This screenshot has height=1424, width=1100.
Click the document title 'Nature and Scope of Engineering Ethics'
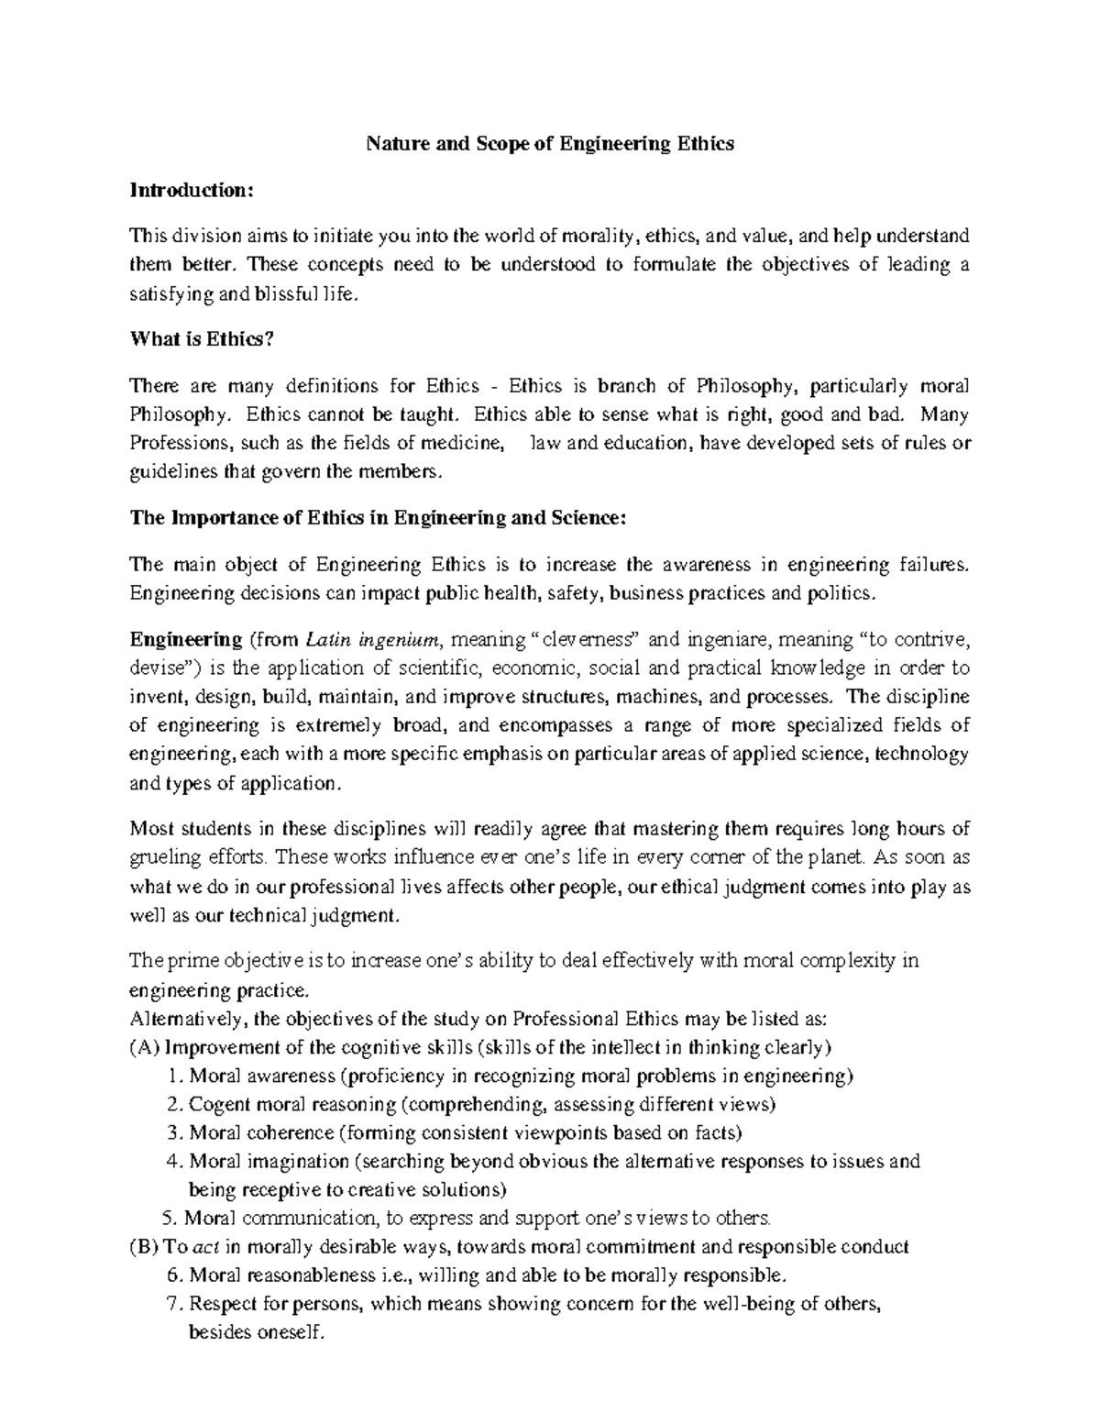pos(550,144)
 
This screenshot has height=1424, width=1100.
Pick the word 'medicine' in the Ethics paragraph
pos(467,444)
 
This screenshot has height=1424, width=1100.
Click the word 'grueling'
pos(162,858)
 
